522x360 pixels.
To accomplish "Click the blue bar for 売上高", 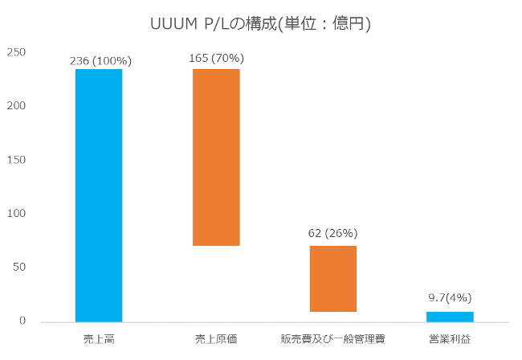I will pos(99,195).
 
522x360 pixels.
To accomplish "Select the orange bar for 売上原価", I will pos(216,157).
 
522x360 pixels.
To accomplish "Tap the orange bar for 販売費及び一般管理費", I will pos(333,279).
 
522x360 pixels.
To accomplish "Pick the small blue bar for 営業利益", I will pos(450,317).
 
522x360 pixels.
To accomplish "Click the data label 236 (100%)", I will pos(100,60).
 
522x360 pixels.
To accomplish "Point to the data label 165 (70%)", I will pos(216,58).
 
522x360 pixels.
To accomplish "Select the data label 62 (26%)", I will pos(332,233).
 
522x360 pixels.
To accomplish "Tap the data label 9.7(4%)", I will pos(450,297).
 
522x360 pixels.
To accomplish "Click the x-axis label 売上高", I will pos(99,339).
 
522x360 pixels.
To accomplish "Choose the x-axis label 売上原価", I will pos(216,339).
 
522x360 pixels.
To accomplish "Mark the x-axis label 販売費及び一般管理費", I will pos(332,339).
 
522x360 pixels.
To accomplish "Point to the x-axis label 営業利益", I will pos(450,339).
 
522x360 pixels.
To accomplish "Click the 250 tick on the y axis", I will pos(17,53).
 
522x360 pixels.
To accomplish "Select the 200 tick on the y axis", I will pos(17,107).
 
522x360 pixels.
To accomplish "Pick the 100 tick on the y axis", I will pos(17,214).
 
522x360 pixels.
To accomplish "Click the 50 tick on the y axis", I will pos(20,268).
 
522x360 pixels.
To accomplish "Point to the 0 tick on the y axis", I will pos(23,321).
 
